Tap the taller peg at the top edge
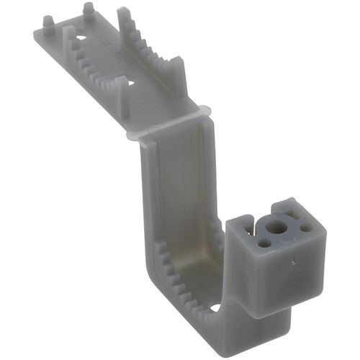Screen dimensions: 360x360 89,10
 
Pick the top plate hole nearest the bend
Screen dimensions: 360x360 131,84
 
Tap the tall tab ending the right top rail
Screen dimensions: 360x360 178,76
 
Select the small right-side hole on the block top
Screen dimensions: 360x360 307,228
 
